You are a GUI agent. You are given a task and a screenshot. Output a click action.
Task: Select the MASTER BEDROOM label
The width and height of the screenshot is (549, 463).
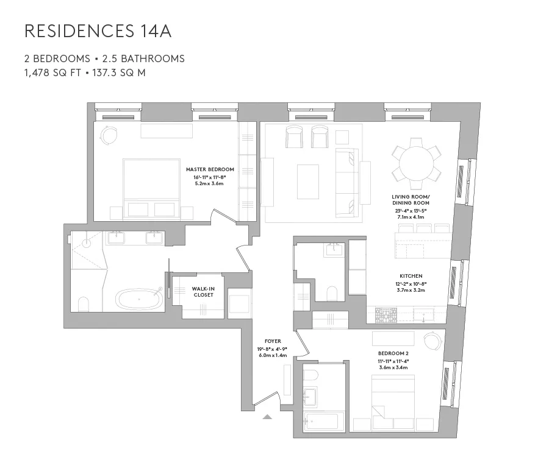pos(210,169)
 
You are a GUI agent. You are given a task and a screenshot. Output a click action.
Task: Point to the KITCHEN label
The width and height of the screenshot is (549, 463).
pos(411,276)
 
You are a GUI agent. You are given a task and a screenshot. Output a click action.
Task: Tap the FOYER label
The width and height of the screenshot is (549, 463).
pos(272,341)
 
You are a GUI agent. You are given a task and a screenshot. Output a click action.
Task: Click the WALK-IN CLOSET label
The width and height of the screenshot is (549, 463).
pos(203,291)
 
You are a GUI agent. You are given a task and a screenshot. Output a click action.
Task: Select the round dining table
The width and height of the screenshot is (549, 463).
pos(417,163)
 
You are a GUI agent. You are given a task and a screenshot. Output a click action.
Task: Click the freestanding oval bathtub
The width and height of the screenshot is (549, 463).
pos(140,300)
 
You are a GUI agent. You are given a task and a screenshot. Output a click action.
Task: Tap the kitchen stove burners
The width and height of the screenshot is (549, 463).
pos(385,315)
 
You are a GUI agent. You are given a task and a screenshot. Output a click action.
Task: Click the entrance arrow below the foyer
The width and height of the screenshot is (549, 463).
pos(267,417)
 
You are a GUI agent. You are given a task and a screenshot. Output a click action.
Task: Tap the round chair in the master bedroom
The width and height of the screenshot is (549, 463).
pos(109,135)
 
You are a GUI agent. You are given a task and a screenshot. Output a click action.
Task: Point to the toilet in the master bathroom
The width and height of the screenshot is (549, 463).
pos(84,304)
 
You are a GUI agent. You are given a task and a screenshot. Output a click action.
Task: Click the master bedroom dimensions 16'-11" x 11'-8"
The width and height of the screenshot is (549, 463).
pos(209,177)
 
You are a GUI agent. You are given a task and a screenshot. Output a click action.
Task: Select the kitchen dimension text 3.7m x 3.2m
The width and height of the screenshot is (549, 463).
pos(411,290)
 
